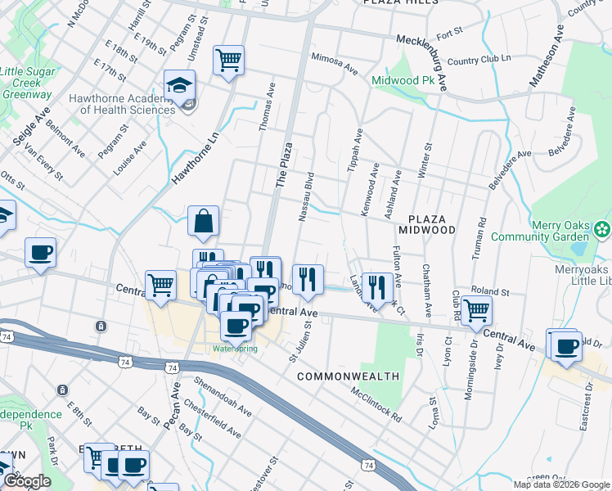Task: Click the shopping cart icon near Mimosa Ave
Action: pos(228,59)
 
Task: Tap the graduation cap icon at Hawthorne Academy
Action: pos(179,84)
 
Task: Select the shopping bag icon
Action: pos(203,219)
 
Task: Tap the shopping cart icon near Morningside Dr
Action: pos(476,310)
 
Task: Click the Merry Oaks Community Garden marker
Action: pos(602,227)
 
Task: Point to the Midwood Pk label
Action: pos(402,81)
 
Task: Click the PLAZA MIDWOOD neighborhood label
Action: pos(427,225)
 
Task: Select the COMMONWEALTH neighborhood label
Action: pos(348,376)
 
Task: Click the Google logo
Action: pos(28,481)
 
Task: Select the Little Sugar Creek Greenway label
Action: pos(26,83)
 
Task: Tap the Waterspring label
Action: pos(235,349)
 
